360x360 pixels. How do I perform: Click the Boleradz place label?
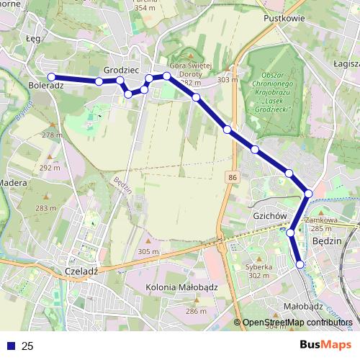coord(47,86)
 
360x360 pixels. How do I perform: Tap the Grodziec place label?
coord(121,70)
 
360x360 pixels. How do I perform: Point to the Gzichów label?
coord(271,216)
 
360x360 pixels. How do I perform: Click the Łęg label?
coord(33,39)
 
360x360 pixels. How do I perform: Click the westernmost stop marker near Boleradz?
coord(52,77)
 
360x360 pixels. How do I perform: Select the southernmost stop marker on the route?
coord(300,265)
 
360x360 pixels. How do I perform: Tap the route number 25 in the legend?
coord(27,346)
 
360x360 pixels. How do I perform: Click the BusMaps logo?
coord(325,345)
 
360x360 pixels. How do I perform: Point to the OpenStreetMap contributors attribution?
coord(297,322)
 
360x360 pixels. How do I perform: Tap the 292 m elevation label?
coord(50,167)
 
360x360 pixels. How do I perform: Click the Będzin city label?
coord(328,242)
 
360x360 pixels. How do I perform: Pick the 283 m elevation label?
coord(45,208)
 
